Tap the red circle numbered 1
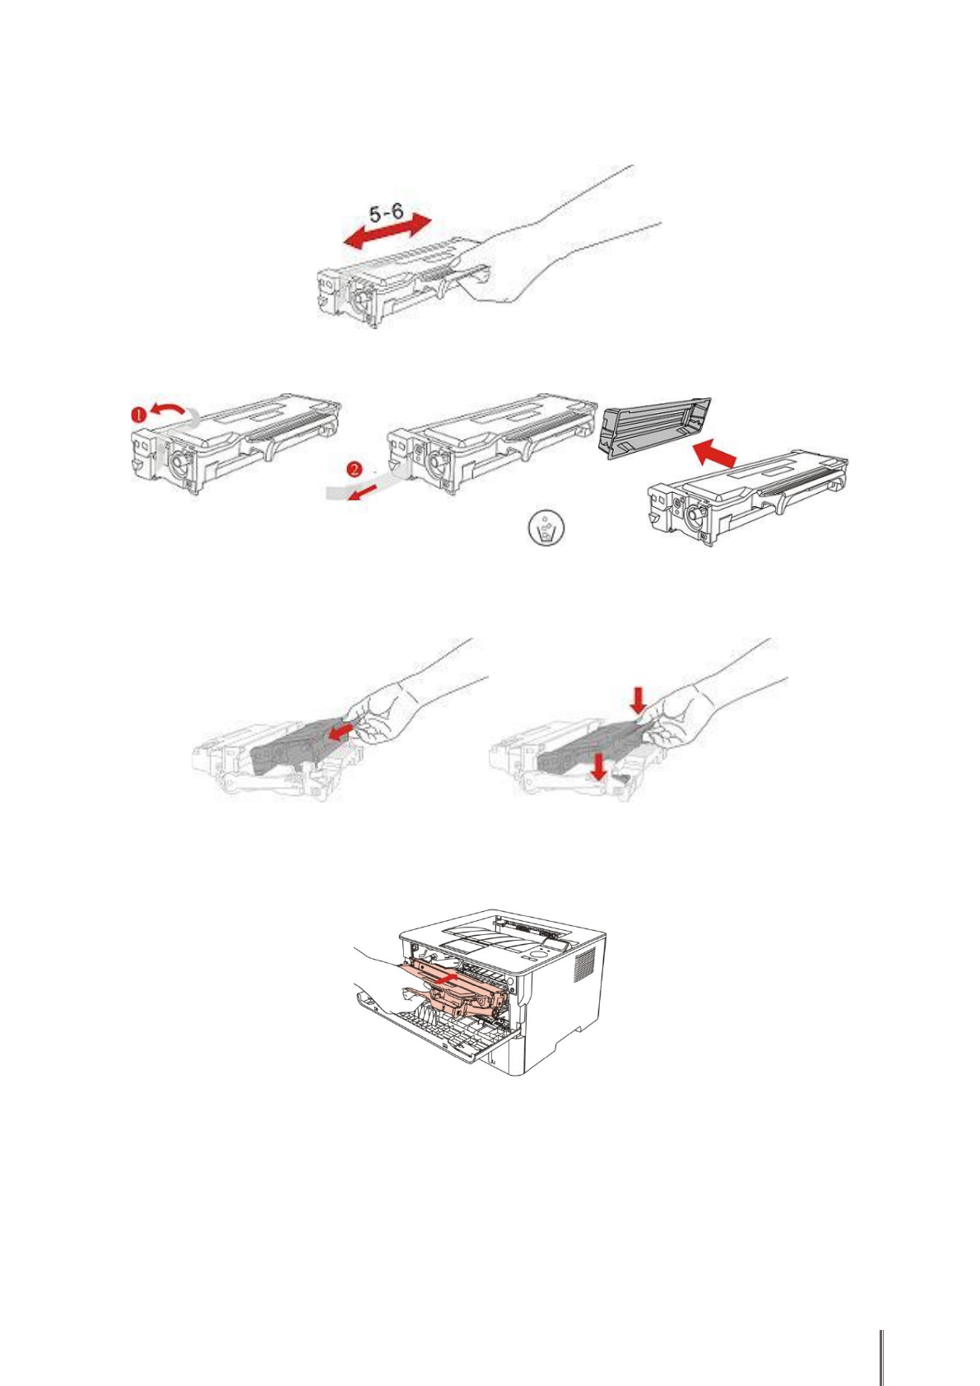140,416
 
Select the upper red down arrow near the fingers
638,701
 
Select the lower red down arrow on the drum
602,769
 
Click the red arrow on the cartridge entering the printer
444,979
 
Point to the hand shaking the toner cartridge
527,255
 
